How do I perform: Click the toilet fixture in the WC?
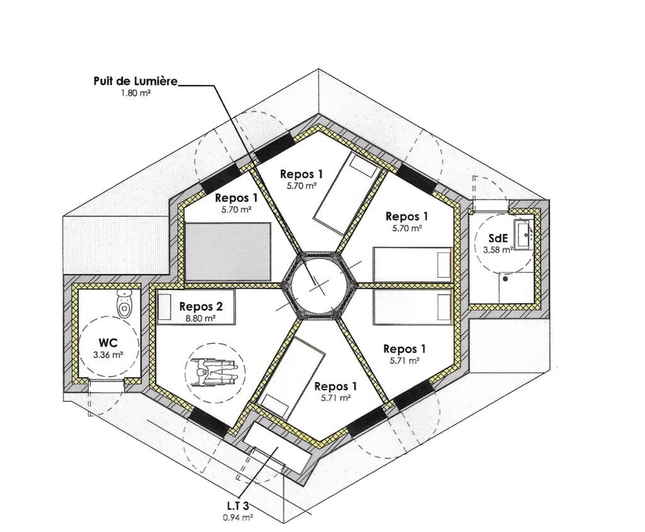pos(125,302)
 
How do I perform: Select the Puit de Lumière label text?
pos(135,81)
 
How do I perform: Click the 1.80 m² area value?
pos(135,93)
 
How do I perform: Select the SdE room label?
pos(498,238)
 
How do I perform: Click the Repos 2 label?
pos(201,306)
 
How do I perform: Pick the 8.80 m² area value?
pos(202,318)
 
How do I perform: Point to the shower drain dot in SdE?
pos(506,278)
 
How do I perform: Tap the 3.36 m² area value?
pos(108,355)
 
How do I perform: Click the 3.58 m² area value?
pos(498,249)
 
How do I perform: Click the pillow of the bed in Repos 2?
pos(165,307)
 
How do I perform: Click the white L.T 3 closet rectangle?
pos(277,444)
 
